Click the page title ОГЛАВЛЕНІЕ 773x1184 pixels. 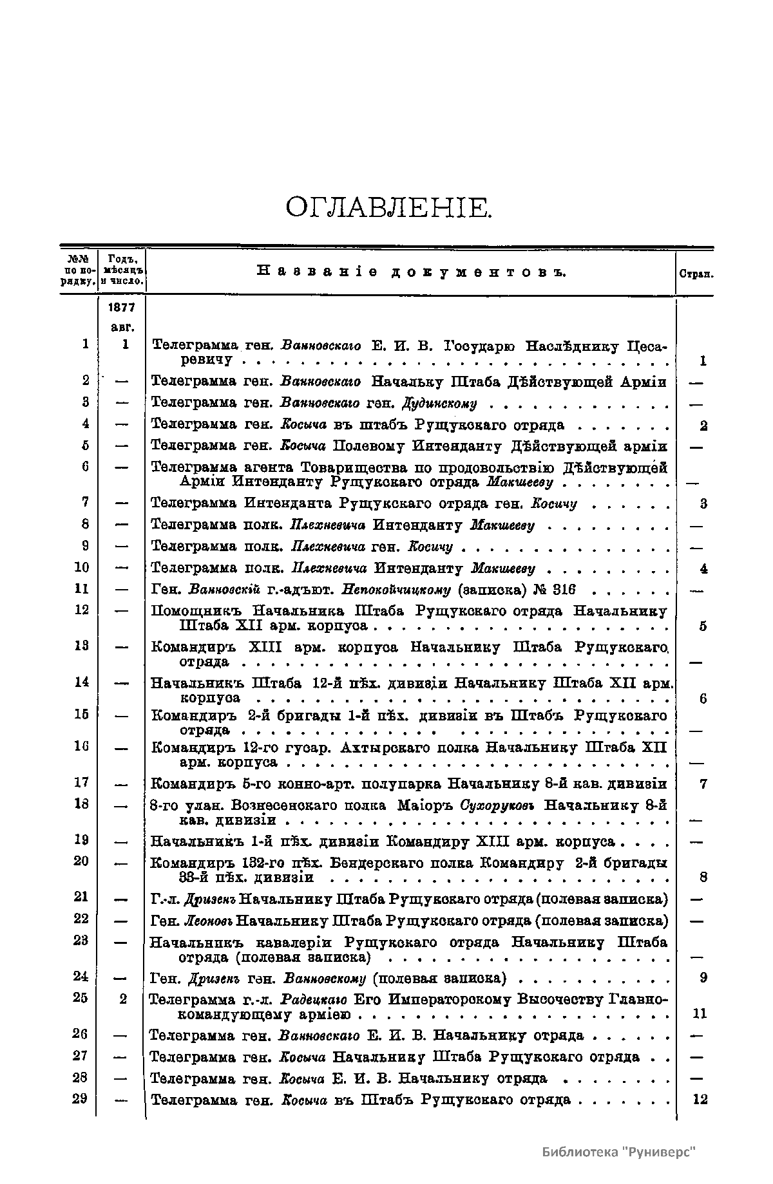388,207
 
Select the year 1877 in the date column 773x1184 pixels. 122,307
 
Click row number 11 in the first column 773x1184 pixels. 81,588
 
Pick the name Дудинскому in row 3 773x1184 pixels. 439,404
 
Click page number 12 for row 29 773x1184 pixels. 700,1099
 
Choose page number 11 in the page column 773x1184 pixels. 700,1013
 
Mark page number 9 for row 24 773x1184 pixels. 703,978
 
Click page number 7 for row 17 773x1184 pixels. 703,784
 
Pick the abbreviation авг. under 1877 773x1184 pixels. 122,328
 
